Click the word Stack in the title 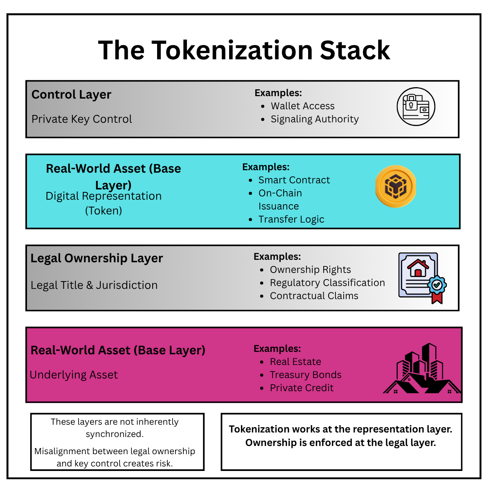tap(355, 50)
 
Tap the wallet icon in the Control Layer tap(416, 107)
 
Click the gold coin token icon tap(396, 187)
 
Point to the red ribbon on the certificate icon tap(437, 297)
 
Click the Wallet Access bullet tap(302, 106)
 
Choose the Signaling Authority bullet tap(314, 119)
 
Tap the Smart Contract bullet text tap(294, 180)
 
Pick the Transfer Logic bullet tap(291, 219)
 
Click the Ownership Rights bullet tap(310, 270)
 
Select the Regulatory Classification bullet tap(327, 283)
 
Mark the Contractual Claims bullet tap(314, 296)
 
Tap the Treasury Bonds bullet tap(305, 375)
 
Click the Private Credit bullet tap(302, 388)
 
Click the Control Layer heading tap(71, 95)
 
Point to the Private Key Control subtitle tap(81, 119)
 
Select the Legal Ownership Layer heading tap(97, 258)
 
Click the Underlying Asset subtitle tap(74, 375)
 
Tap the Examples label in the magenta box tap(277, 349)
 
